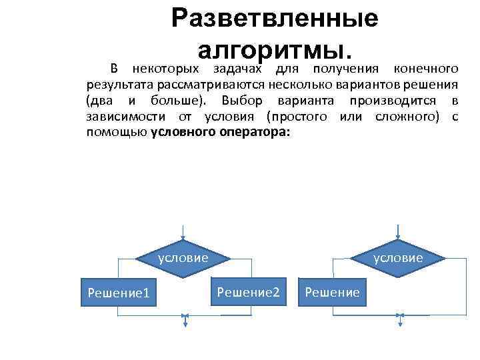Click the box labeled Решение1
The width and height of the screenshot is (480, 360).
[x=117, y=292]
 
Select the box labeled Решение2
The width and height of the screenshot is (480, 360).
[x=248, y=292]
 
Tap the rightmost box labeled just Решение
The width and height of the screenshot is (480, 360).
[x=332, y=292]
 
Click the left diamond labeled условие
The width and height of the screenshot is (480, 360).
[x=183, y=257]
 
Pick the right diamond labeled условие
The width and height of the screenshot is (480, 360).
[x=398, y=257]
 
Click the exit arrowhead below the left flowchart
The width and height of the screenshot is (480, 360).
[x=185, y=323]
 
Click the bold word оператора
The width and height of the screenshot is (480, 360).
[x=255, y=132]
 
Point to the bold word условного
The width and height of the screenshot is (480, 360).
[x=183, y=132]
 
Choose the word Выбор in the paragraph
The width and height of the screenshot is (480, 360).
[x=243, y=100]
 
